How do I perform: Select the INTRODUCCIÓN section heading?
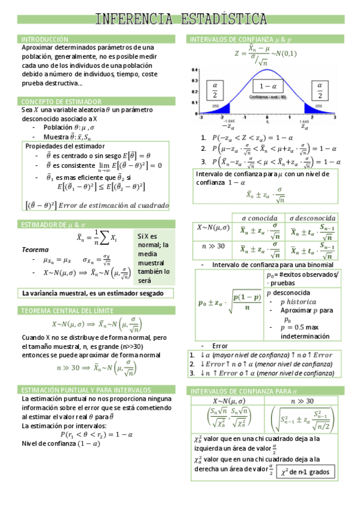pos(45,38)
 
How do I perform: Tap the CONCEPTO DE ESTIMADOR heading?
pos(61,102)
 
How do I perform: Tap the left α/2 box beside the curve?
pos(215,90)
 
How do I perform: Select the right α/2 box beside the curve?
pos(320,90)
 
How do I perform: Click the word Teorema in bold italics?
pos(35,249)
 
